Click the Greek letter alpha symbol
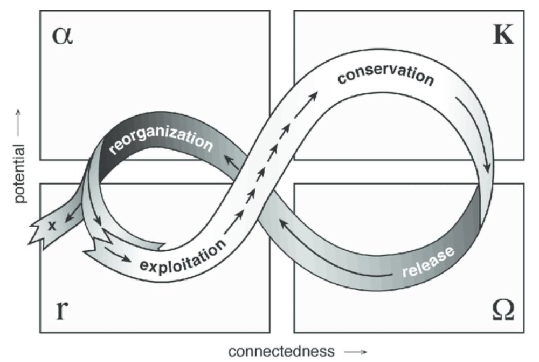(x=62, y=36)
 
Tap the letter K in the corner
(x=503, y=35)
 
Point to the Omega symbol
(x=503, y=310)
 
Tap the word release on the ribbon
(x=429, y=262)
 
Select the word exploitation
(x=183, y=257)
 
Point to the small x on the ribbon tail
(x=52, y=226)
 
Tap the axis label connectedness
(x=281, y=352)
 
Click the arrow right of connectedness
(x=355, y=352)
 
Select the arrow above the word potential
(x=18, y=122)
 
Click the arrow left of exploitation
(x=118, y=253)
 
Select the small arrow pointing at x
(x=72, y=213)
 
